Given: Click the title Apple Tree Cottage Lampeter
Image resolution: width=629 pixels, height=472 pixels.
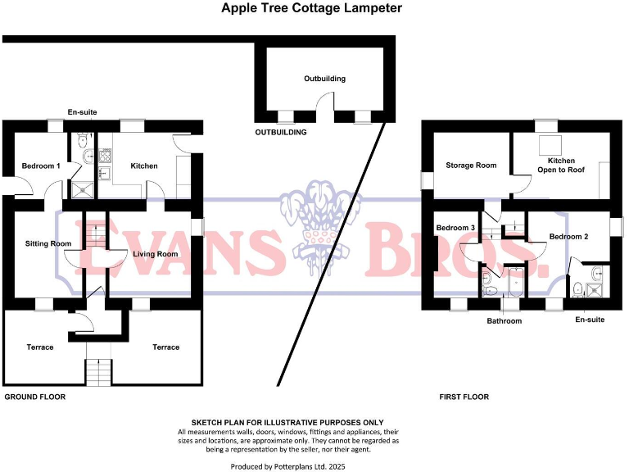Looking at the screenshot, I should pos(312,9).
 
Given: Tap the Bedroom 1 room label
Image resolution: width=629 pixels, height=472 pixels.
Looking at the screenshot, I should pos(41,166).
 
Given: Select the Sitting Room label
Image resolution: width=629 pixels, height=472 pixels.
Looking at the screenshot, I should pos(48,243).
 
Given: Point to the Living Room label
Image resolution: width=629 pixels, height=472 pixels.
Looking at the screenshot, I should pos(155,254).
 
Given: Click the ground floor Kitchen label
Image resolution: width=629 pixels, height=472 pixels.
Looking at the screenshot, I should pos(144,166).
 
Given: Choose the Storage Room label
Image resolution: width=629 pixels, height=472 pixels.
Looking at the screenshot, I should pos(471,166).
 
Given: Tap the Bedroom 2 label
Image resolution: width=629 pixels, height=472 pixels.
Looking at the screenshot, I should pos(569,237).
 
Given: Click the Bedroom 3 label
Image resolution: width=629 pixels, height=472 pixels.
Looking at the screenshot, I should pos(455,228).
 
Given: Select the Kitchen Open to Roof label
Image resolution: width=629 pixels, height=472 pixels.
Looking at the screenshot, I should pos(561,166).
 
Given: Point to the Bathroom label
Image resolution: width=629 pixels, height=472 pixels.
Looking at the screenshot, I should pos(504,321).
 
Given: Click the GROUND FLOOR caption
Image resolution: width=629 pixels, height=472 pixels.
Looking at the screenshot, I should pos(35,397).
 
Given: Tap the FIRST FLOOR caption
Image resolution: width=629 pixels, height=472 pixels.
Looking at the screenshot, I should pos(464,397).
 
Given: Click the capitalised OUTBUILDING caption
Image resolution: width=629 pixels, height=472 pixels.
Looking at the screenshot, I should pos(281,132).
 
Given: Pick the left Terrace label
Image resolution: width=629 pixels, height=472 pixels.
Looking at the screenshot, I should pos(39,347).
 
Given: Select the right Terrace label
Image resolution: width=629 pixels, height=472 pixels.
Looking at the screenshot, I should pos(165,347).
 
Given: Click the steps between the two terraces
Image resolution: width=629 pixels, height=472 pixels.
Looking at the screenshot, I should pos(98,373).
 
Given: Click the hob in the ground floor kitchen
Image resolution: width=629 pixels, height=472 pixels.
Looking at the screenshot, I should pos(106,155).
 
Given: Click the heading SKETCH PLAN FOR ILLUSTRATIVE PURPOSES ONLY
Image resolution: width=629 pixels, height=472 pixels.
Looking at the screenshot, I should pos(287,422).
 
